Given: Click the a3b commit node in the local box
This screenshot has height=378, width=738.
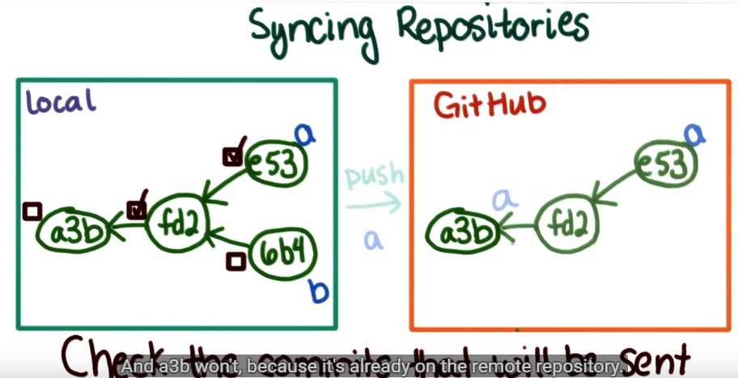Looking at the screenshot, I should tap(72, 231).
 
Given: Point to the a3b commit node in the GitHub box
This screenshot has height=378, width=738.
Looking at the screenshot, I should tap(460, 233).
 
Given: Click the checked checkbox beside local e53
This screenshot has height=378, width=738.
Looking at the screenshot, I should tap(232, 154).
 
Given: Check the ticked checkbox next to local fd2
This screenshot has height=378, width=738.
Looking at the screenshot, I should tap(137, 209).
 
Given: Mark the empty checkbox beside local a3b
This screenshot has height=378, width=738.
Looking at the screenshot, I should tap(32, 212).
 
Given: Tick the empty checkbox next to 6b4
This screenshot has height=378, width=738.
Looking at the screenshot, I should tap(235, 261).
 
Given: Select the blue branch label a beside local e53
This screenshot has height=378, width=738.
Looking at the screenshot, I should tap(304, 134).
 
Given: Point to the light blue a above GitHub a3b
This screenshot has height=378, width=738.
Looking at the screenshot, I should tap(503, 198).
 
